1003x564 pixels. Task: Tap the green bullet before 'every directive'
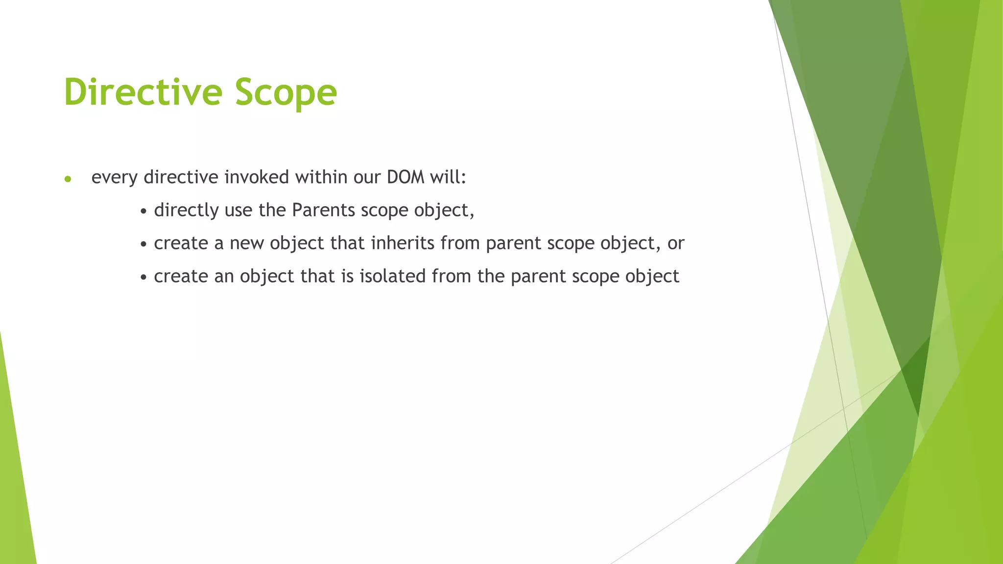(68, 179)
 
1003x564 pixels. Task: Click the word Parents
(323, 210)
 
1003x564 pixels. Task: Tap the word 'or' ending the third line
(675, 244)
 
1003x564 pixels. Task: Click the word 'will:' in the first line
(448, 177)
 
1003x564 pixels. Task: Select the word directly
(186, 211)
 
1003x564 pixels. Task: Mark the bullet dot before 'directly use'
(143, 212)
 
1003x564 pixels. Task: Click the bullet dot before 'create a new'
(143, 245)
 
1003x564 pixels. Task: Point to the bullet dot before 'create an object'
(143, 278)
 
